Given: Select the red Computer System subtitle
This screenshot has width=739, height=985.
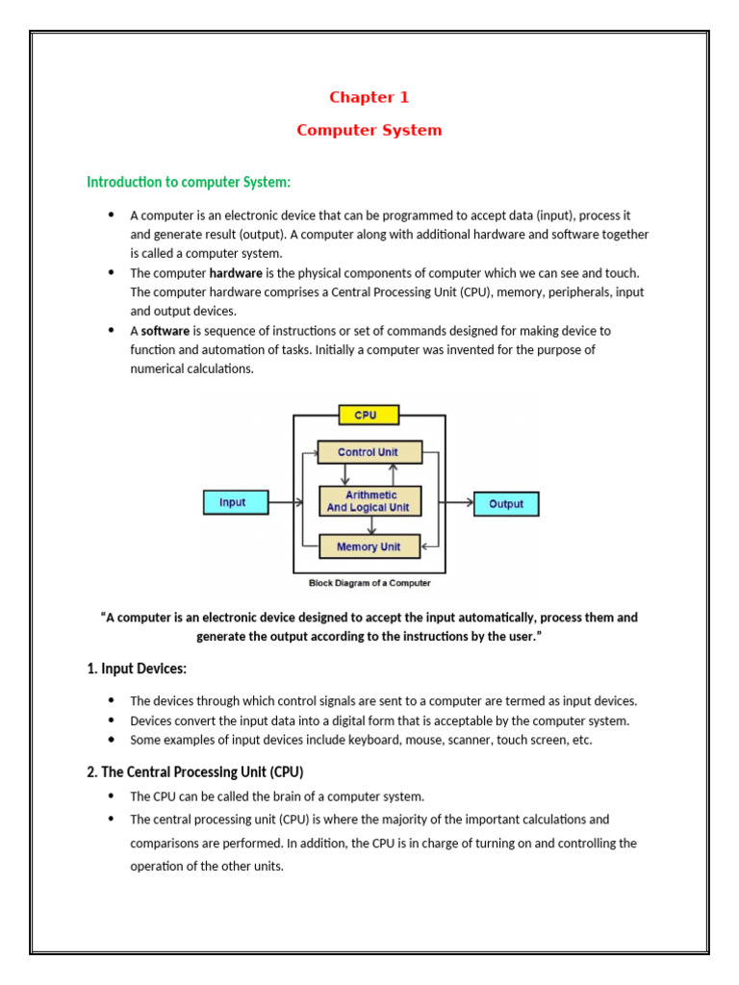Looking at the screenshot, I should pyautogui.click(x=369, y=130).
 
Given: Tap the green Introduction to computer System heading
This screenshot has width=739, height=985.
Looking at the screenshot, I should pyautogui.click(x=188, y=182).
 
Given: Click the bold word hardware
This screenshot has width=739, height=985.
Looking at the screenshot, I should pyautogui.click(x=236, y=272).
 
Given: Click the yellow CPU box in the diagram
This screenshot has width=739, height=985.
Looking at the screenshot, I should pyautogui.click(x=366, y=416).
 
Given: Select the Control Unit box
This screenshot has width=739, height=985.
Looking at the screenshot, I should pyautogui.click(x=369, y=451).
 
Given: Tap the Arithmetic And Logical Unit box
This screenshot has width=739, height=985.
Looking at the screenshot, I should pyautogui.click(x=369, y=501).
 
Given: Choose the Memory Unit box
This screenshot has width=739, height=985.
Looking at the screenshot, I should pyautogui.click(x=369, y=546).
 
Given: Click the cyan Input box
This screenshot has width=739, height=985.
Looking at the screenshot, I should pyautogui.click(x=232, y=502).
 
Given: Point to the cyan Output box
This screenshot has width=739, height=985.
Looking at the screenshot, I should pyautogui.click(x=506, y=503).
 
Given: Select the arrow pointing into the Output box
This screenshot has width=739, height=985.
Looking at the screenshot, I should pyautogui.click(x=459, y=502).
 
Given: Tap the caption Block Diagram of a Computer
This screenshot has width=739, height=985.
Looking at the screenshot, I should pyautogui.click(x=369, y=583).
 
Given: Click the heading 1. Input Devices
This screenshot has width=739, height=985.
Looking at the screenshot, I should pyautogui.click(x=137, y=668).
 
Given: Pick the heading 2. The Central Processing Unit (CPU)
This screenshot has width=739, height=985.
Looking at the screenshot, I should pyautogui.click(x=195, y=771).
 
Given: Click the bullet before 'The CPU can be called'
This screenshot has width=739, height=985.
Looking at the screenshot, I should pyautogui.click(x=111, y=796).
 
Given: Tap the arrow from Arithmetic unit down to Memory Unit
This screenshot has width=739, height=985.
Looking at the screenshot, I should pyautogui.click(x=370, y=525).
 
